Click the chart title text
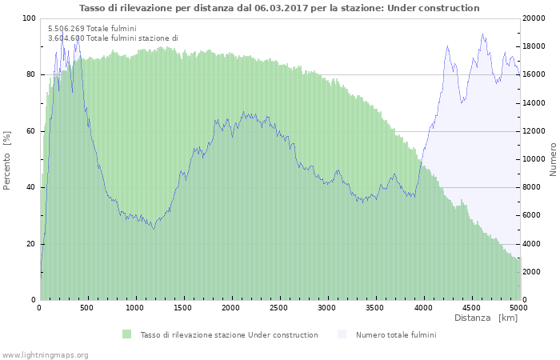tap(279, 8)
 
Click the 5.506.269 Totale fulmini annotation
tap(92, 28)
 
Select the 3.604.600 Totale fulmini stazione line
tap(113, 38)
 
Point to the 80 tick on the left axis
tap(30, 74)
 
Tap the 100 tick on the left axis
tap(29, 18)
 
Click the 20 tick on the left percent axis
tap(30, 244)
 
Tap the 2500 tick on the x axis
tap(278, 307)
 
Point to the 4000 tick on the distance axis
tap(422, 307)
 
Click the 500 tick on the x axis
tap(87, 307)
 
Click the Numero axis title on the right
tap(553, 159)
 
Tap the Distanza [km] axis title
tap(486, 318)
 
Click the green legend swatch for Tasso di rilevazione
tap(126, 334)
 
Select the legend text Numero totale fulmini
tap(396, 335)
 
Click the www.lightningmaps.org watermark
tap(45, 354)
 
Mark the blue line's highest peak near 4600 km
tap(482, 34)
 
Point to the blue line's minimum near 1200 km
tap(154, 229)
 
